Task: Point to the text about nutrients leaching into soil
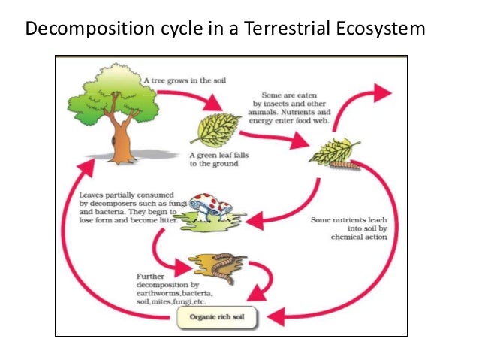click(349, 228)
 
